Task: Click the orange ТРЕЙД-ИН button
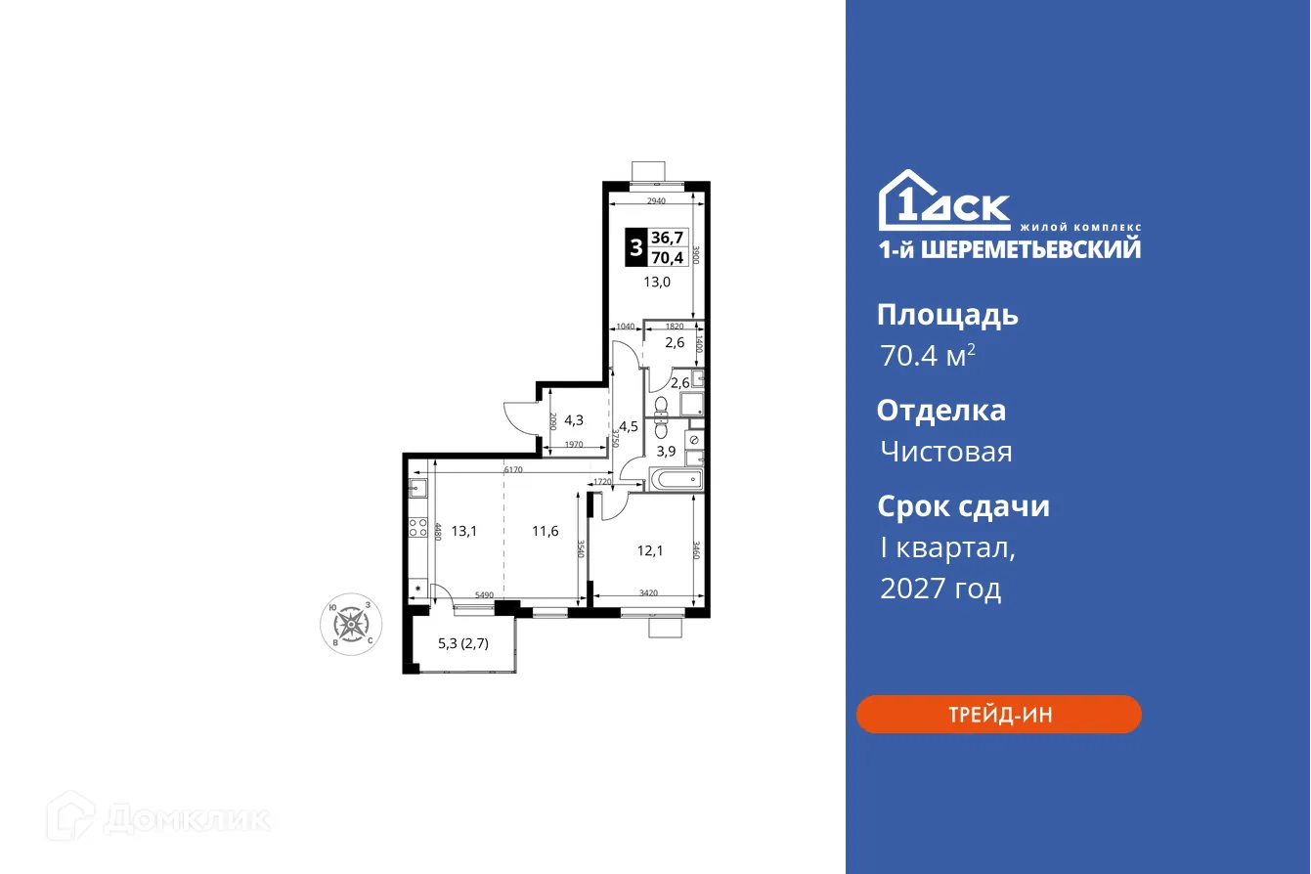tap(998, 715)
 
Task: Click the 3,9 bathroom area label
tap(666, 451)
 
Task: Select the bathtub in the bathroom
tap(676, 479)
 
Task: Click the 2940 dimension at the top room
tap(656, 201)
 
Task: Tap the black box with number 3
tap(635, 248)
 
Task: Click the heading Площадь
tap(947, 315)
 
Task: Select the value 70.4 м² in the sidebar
tap(928, 356)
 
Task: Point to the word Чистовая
tap(945, 452)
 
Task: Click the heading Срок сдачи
tap(963, 506)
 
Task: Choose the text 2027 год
tap(940, 589)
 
